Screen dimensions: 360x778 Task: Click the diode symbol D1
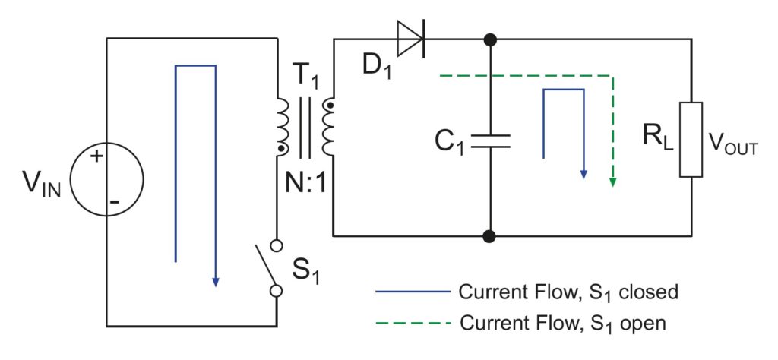tap(411, 38)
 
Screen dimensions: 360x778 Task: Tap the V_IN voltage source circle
tap(106, 179)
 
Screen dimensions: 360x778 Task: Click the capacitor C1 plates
tap(490, 141)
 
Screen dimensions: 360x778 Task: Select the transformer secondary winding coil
tap(328, 126)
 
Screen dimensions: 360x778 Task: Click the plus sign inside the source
tap(96, 158)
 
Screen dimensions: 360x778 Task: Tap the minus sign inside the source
tap(114, 201)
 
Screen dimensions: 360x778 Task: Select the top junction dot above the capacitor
tap(490, 39)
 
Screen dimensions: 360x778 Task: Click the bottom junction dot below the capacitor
tap(490, 235)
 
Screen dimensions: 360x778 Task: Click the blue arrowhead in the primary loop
tap(216, 280)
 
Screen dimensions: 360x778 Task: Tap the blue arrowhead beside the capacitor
tap(583, 173)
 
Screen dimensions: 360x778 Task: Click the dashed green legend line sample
tap(410, 324)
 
